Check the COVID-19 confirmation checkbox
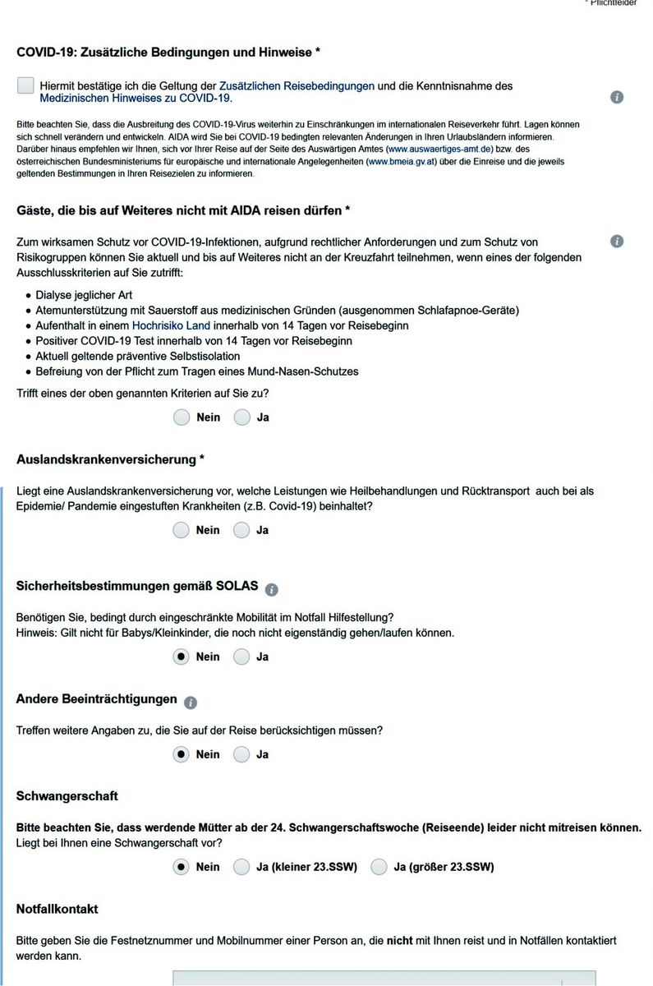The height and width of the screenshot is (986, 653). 25,86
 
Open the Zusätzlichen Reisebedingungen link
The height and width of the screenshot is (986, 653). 297,85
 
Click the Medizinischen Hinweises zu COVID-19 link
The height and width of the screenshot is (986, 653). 136,99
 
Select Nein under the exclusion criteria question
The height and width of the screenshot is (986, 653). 182,417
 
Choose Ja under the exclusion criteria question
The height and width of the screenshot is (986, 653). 241,417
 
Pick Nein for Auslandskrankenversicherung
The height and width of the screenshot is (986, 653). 182,530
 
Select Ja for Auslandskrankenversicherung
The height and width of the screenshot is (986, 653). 241,530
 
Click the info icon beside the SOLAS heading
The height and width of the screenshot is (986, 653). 272,589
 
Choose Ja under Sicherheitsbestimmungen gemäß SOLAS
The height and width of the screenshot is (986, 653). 241,657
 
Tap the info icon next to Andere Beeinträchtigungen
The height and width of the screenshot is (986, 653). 191,703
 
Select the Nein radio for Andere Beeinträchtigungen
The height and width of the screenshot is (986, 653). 182,754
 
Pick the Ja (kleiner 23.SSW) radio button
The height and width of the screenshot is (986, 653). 241,867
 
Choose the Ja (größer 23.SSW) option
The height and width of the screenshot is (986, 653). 379,867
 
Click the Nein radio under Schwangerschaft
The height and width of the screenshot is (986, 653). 182,867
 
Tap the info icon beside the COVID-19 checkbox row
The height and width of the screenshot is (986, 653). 617,97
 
